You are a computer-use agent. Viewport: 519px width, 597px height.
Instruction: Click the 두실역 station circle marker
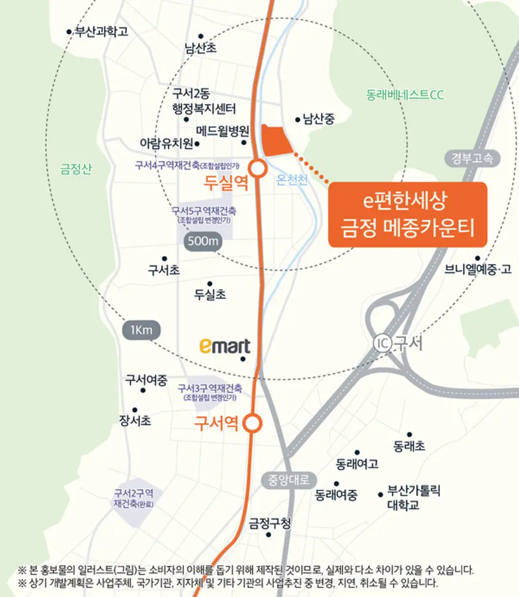(x=258, y=168)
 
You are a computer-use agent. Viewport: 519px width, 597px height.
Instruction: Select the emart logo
(x=225, y=346)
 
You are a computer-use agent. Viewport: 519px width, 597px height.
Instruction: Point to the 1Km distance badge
(x=141, y=331)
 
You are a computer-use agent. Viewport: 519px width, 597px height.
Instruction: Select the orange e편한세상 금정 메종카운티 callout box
(x=408, y=215)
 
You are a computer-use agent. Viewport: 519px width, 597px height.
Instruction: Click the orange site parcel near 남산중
(x=276, y=140)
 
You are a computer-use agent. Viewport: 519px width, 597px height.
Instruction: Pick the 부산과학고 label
(x=101, y=32)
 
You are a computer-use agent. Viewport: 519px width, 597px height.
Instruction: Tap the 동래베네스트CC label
(x=405, y=95)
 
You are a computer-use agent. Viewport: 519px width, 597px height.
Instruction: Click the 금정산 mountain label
(x=76, y=169)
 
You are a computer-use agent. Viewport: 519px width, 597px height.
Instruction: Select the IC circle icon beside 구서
(x=382, y=343)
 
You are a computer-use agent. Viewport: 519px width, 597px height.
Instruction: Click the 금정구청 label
(x=270, y=524)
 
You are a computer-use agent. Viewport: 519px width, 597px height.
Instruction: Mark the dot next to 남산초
(x=201, y=36)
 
